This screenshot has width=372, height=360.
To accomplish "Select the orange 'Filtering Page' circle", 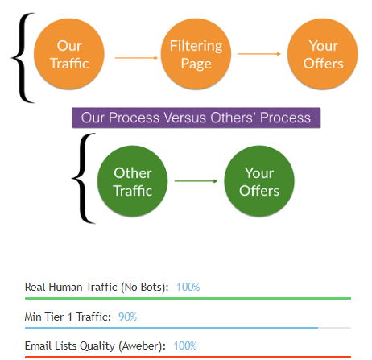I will click(x=190, y=54).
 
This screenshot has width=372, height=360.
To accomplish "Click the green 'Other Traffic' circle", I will click(x=132, y=181).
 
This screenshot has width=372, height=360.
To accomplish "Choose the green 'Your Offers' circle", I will click(x=258, y=181).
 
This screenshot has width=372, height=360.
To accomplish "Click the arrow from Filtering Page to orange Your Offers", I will click(x=258, y=54).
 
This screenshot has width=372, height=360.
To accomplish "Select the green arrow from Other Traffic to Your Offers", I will click(x=196, y=181).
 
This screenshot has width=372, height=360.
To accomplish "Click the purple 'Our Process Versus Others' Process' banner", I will click(x=196, y=118).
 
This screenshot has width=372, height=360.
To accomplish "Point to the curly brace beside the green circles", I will click(x=83, y=179).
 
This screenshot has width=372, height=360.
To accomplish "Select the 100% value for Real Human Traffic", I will click(x=188, y=287).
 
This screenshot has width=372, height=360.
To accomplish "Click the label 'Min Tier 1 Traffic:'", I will click(x=68, y=317).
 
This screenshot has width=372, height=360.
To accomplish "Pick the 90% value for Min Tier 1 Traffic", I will click(x=128, y=317).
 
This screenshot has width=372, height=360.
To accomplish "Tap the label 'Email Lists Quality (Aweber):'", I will click(x=95, y=346).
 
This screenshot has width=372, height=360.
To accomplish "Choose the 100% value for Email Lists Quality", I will click(x=185, y=346).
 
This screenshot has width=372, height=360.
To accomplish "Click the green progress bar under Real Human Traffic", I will click(x=188, y=298).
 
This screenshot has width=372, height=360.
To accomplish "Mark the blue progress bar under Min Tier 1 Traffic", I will click(x=171, y=328).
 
